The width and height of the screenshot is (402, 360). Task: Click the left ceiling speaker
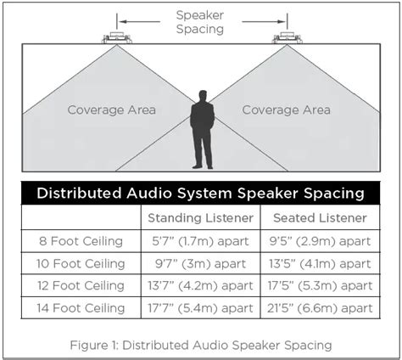point(116,37)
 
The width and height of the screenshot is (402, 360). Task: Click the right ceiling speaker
point(287,37)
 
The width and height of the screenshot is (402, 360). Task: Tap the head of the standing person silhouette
point(202,97)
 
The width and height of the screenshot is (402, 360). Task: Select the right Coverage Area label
point(286,110)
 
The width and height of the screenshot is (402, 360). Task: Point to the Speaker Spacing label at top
point(200,21)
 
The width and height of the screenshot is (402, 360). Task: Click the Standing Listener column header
point(200,217)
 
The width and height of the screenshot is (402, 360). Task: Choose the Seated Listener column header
point(318,217)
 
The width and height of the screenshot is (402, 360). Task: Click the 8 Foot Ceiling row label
point(81,240)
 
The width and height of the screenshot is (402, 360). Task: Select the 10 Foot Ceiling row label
point(81,262)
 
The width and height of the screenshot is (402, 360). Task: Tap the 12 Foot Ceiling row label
point(81,285)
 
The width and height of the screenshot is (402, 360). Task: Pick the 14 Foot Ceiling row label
point(81,307)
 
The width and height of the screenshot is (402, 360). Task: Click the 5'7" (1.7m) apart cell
point(200,240)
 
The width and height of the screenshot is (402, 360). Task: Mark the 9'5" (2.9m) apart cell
point(318,240)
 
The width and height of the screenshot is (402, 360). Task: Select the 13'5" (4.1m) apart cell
point(318,262)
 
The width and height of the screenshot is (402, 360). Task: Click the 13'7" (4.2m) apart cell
point(200,285)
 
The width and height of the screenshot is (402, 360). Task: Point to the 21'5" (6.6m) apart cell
point(318,307)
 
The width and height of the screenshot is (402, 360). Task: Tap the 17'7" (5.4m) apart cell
point(200,307)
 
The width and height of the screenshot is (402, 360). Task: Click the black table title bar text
point(200,193)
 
